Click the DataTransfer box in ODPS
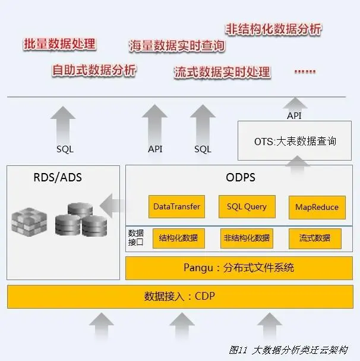(x=176, y=207)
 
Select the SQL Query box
(x=247, y=207)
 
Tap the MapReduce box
(x=317, y=207)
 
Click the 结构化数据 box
(x=178, y=238)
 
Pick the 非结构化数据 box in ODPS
(x=247, y=238)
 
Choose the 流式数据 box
(x=315, y=238)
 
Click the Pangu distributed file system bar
(x=239, y=268)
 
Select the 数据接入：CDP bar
(x=179, y=296)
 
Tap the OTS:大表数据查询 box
(x=295, y=141)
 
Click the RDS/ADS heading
(x=58, y=177)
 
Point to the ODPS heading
(x=241, y=177)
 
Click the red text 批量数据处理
(x=59, y=44)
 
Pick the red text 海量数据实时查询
(x=177, y=46)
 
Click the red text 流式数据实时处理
(x=222, y=73)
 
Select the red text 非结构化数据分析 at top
(x=274, y=29)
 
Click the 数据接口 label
(x=136, y=238)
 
